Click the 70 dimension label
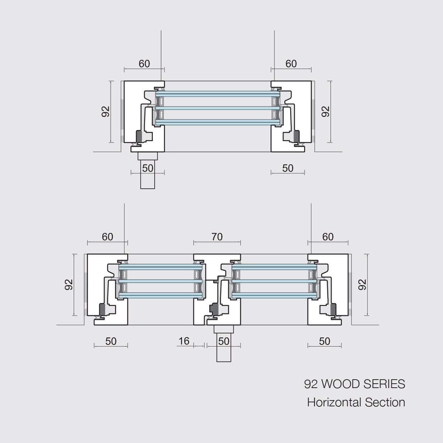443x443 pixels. (x=217, y=237)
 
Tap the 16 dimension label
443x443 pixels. (x=184, y=341)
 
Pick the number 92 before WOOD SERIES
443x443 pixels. (x=311, y=384)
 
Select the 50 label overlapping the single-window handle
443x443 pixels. (x=148, y=168)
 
